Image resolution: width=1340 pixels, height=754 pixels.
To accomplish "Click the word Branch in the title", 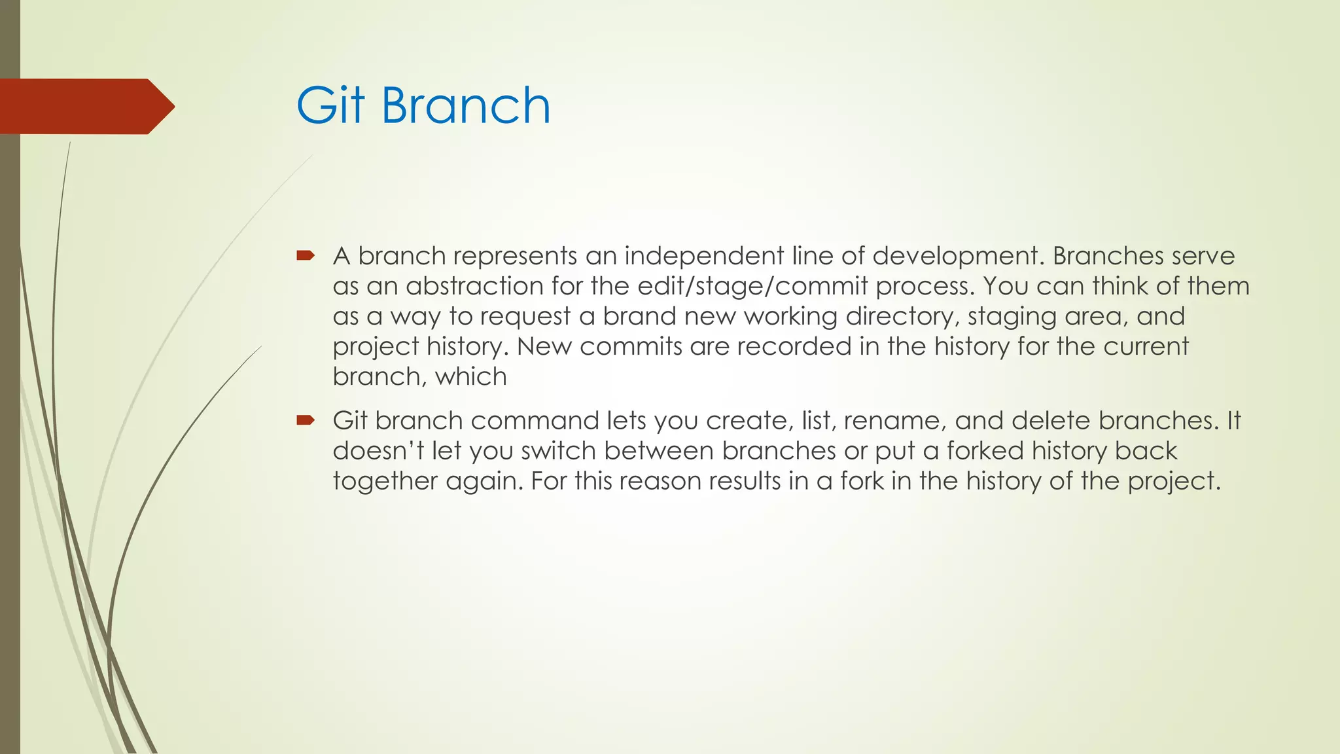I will coord(466,106).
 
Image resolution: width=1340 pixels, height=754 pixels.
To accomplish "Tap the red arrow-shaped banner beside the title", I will coord(85,107).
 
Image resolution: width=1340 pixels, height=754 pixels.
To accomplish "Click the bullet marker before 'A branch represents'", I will coord(306,255).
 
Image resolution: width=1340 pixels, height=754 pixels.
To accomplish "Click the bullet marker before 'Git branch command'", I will coord(306,420).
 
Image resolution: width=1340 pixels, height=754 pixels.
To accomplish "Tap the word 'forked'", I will coord(985,451).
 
